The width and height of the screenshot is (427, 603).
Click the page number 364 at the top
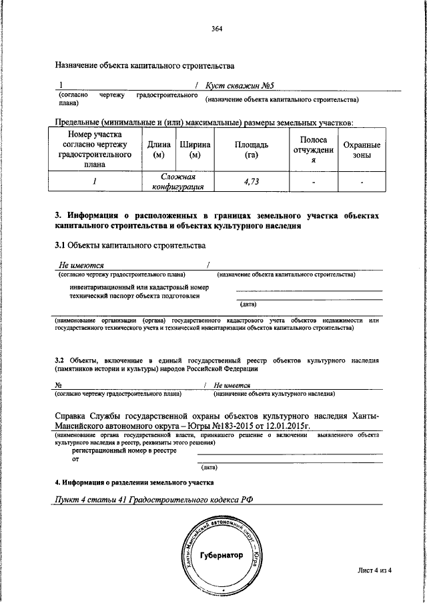click(216, 28)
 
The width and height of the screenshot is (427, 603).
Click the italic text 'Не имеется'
click(232, 385)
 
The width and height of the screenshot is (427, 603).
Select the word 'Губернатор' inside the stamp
click(221, 556)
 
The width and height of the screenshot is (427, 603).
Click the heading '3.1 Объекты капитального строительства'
click(129, 246)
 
